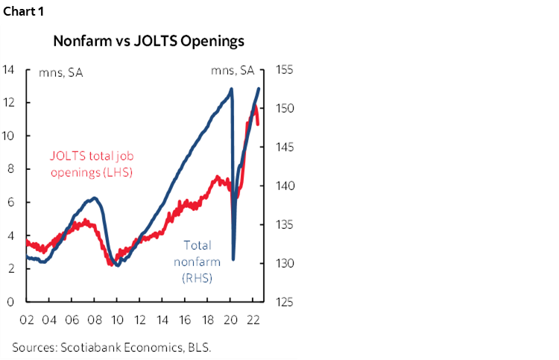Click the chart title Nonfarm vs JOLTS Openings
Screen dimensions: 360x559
pos(148,42)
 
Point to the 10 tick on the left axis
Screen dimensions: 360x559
pos(8,136)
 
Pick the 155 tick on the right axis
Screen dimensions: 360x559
pos(286,70)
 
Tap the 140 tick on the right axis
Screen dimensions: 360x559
pos(286,186)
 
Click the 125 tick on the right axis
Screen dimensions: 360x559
pos(286,302)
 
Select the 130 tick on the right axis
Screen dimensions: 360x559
pos(286,263)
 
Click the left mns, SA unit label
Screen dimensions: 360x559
pos(60,72)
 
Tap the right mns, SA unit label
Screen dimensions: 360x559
pos(233,72)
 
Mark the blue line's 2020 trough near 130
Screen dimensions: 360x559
pos(234,259)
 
